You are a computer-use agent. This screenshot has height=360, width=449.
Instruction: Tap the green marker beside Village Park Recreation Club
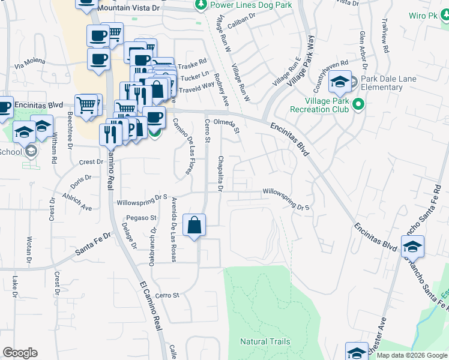pos(359,105)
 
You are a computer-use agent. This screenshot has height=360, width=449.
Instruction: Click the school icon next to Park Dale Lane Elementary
pos(340,83)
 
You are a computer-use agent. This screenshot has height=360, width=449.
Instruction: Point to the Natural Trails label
pos(265,341)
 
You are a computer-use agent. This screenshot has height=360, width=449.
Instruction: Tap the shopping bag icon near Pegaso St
pos(194,227)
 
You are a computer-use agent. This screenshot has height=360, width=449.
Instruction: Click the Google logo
pos(20,353)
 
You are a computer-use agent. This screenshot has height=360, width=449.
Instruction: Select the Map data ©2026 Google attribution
pos(411,355)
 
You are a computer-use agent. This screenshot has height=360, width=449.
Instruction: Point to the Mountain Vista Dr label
pos(128,8)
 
